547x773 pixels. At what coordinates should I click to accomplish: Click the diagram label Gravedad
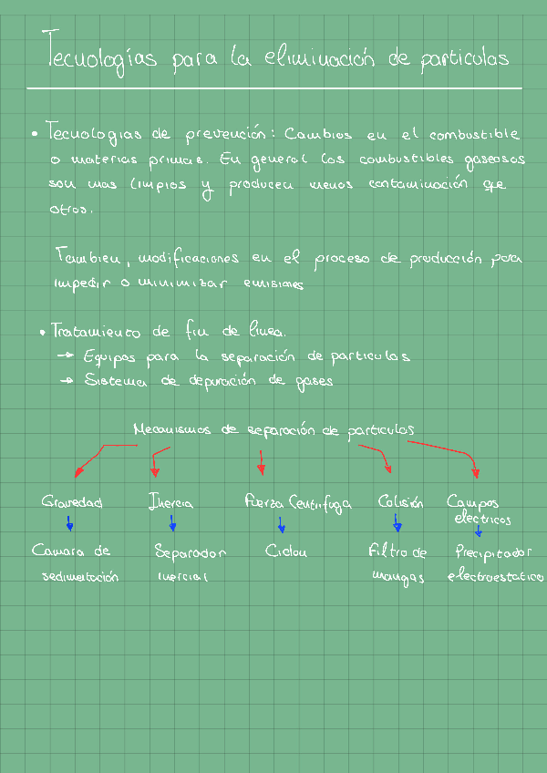click(72, 502)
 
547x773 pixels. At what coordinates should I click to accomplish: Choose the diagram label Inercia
click(170, 502)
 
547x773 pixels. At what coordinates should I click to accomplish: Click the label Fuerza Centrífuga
click(297, 502)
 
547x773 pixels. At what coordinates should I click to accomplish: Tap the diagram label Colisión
click(400, 502)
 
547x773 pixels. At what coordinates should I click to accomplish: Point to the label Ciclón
click(286, 551)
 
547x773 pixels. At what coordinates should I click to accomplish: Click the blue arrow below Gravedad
click(69, 523)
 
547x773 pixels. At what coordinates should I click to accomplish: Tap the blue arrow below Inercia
click(172, 523)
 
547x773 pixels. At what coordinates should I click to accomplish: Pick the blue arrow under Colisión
click(397, 523)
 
